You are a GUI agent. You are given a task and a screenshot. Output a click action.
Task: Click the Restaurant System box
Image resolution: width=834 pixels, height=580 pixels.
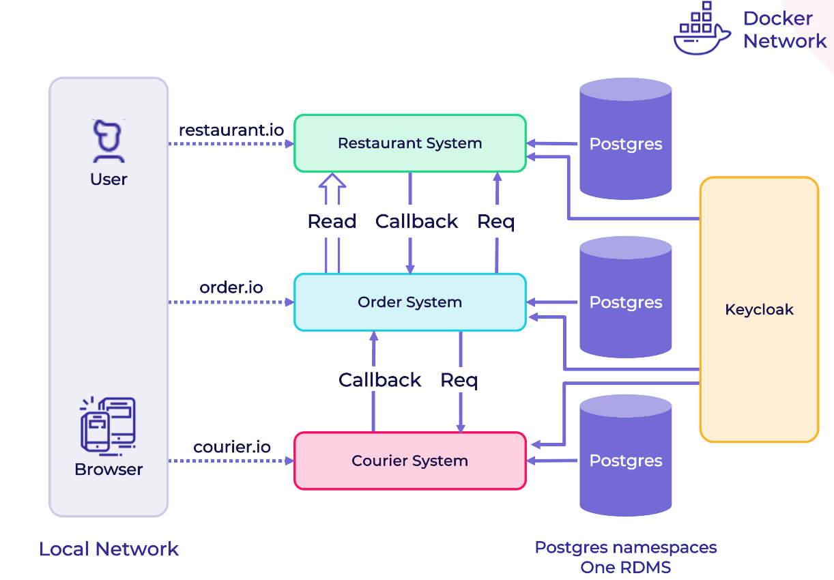coord(409,143)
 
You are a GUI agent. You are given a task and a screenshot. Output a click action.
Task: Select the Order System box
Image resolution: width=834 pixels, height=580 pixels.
coord(409,302)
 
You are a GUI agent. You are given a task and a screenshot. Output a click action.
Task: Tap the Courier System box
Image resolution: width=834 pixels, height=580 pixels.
coord(409,461)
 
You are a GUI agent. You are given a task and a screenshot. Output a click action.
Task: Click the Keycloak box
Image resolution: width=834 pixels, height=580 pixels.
coord(759,310)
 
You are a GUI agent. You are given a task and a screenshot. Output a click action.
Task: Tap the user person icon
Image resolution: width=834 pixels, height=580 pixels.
coord(109,141)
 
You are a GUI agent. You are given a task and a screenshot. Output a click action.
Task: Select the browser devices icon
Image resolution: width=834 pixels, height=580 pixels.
coord(109,424)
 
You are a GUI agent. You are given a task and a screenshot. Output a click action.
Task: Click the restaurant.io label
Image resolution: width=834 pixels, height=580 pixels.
coord(231,130)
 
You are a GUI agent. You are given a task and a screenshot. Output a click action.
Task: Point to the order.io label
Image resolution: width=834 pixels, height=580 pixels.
coord(231,287)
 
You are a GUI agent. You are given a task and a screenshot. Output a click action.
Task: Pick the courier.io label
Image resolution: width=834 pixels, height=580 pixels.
coord(232,447)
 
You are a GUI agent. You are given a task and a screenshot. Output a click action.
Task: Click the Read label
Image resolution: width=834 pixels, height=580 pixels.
coord(332,222)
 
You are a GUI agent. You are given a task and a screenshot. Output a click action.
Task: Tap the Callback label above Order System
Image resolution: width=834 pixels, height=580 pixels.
coord(416,222)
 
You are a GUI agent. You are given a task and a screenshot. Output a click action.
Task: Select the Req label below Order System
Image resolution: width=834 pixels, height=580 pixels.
coord(459,380)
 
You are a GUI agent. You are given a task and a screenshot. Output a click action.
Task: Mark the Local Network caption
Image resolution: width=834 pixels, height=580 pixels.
coord(109,549)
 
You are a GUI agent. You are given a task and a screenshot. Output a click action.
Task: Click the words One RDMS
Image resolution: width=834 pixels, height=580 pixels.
coord(625,568)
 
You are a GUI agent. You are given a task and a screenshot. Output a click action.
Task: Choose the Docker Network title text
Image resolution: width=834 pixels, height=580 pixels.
coord(784,29)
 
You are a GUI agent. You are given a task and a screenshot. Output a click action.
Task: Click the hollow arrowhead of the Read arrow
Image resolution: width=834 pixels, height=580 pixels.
coord(333,181)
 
